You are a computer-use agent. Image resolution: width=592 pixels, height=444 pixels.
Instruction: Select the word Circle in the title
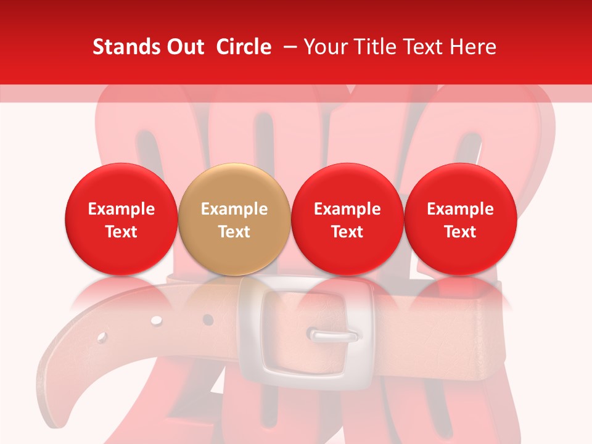pyautogui.click(x=244, y=47)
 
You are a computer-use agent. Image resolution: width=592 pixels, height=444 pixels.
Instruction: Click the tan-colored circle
pyautogui.click(x=234, y=219)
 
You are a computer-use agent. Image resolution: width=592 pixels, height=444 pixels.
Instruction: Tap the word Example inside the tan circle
pyautogui.click(x=234, y=209)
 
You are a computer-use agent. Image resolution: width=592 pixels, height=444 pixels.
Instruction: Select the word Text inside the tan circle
pyautogui.click(x=234, y=232)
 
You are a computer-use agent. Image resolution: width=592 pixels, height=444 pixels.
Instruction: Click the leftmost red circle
pyautogui.click(x=121, y=219)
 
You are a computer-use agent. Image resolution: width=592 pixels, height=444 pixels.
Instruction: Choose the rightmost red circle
pyautogui.click(x=461, y=219)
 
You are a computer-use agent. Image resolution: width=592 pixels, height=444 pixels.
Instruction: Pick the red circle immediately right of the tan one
pyautogui.click(x=347, y=219)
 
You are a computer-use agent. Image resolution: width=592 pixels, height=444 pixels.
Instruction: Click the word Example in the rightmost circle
pyautogui.click(x=461, y=209)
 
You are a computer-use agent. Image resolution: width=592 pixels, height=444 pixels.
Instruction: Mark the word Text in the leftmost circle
pyautogui.click(x=121, y=232)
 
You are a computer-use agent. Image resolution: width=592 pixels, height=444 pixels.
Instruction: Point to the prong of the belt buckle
pyautogui.click(x=333, y=336)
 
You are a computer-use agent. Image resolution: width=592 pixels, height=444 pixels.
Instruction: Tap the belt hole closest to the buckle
pyautogui.click(x=208, y=319)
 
